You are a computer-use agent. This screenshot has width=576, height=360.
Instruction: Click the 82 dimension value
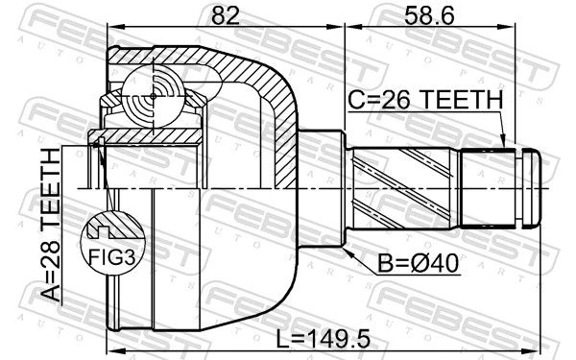[x=226, y=15]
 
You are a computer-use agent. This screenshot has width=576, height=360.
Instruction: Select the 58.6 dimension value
[x=429, y=15]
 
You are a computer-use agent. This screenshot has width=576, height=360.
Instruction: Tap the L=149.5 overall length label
[x=323, y=339]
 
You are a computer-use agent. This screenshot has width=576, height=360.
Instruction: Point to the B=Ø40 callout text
[x=419, y=263]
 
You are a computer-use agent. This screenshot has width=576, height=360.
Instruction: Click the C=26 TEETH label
[x=425, y=100]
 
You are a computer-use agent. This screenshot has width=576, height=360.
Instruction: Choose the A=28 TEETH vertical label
[x=50, y=225]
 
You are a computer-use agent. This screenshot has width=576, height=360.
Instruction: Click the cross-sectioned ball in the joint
[x=154, y=96]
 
